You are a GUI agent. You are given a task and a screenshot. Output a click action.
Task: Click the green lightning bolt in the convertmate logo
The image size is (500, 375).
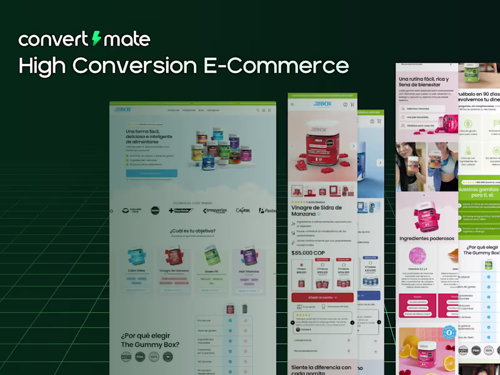(x=96, y=39)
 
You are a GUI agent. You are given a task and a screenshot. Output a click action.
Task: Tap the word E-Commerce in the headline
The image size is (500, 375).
(x=284, y=66)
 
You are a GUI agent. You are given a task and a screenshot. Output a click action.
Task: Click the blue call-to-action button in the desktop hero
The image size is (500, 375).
(x=151, y=173)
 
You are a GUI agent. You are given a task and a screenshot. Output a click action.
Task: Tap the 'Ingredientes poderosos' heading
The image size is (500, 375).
(x=426, y=237)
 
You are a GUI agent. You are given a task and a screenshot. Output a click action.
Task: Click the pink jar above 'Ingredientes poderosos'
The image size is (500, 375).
(x=426, y=212)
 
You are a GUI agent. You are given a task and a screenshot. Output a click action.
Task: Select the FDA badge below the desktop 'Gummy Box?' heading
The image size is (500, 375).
(x=140, y=356)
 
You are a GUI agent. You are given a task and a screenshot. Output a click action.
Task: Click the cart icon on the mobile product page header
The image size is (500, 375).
(x=352, y=104)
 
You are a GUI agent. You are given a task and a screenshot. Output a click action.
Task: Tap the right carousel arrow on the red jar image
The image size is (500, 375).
(x=352, y=146)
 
